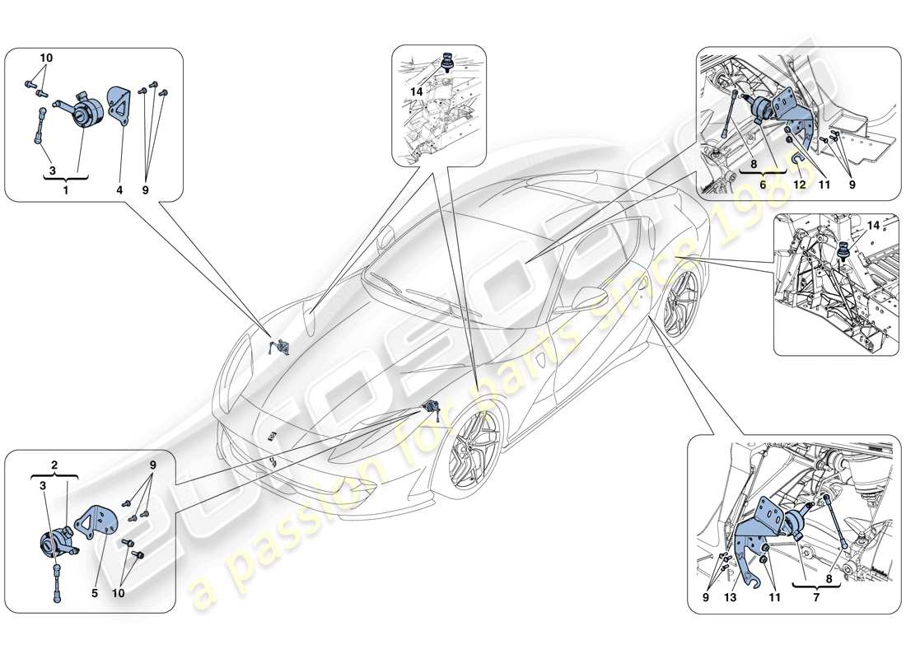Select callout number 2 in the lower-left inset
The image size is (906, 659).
coord(54,465)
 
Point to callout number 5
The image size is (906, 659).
coord(96,591)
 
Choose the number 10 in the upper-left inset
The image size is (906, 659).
coord(46,58)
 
